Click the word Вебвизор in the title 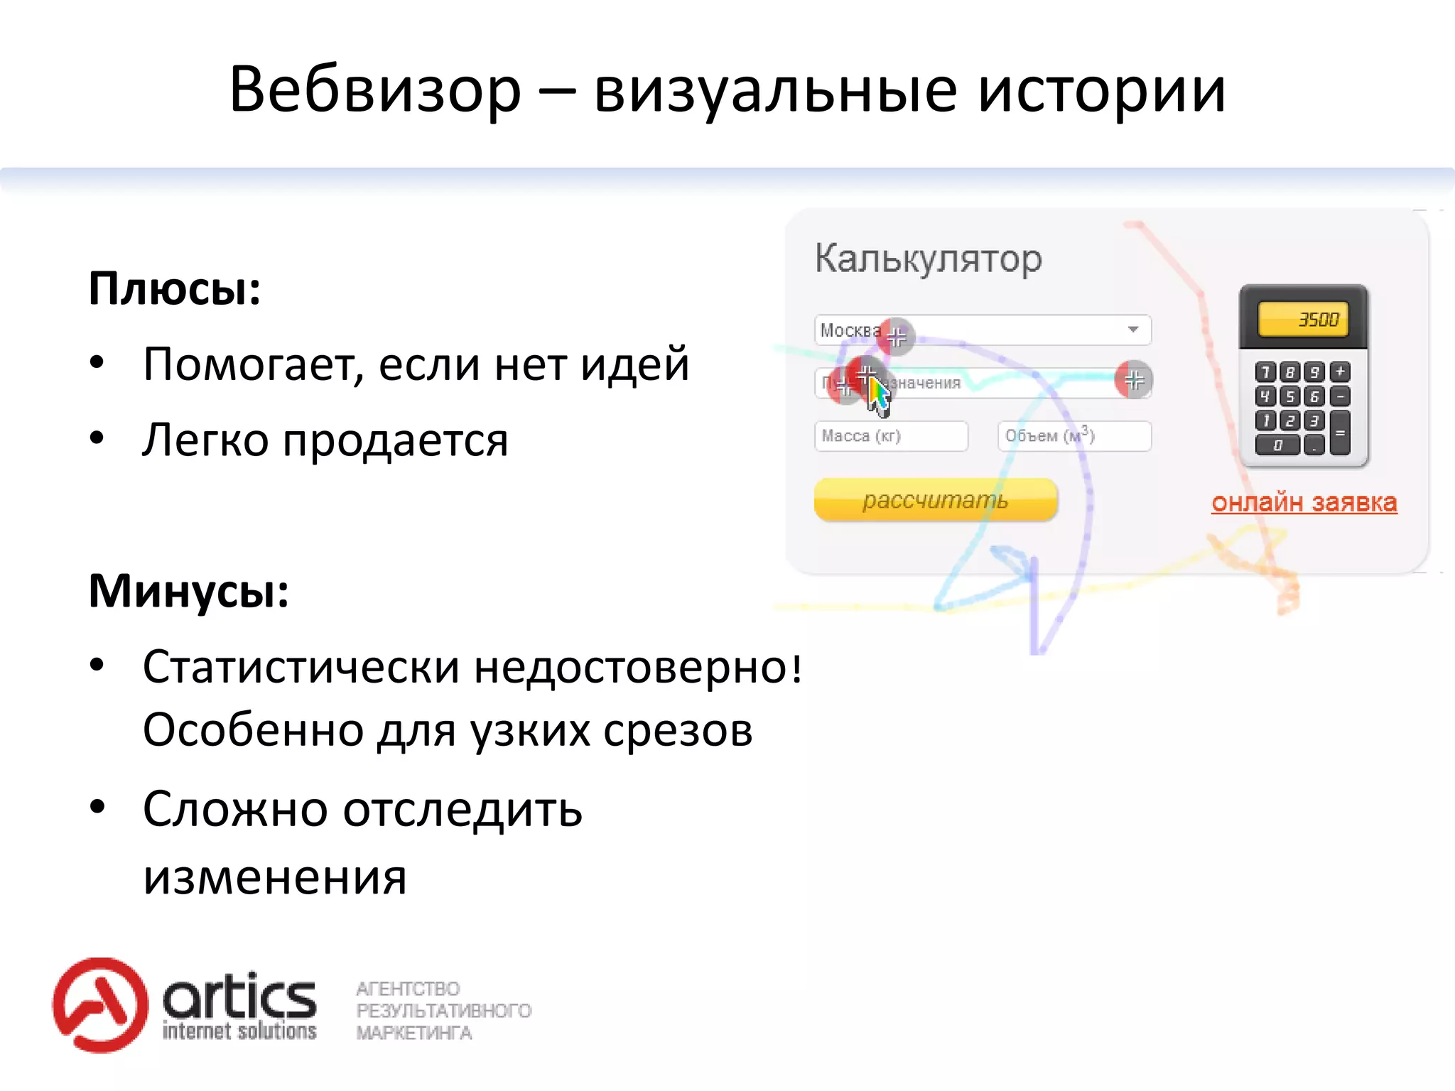pos(375,90)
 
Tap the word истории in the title pos(1102,90)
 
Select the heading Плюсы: pos(175,289)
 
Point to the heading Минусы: pos(189,591)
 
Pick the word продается pos(395,440)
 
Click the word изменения pos(275,878)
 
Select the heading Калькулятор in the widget pos(928,259)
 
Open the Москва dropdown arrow pos(1132,330)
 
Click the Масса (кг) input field pos(891,436)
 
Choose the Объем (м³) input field pos(1073,436)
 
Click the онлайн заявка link pos(1304,503)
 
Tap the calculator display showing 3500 pos(1303,320)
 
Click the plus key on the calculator pos(1340,371)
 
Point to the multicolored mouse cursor pos(878,396)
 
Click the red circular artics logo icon pos(100,1004)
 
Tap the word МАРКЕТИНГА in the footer pos(414,1033)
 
